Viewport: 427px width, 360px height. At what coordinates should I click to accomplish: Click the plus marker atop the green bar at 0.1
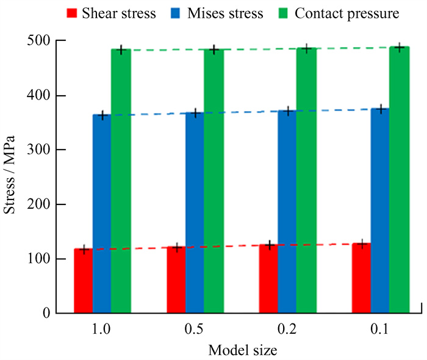pyautogui.click(x=399, y=48)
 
